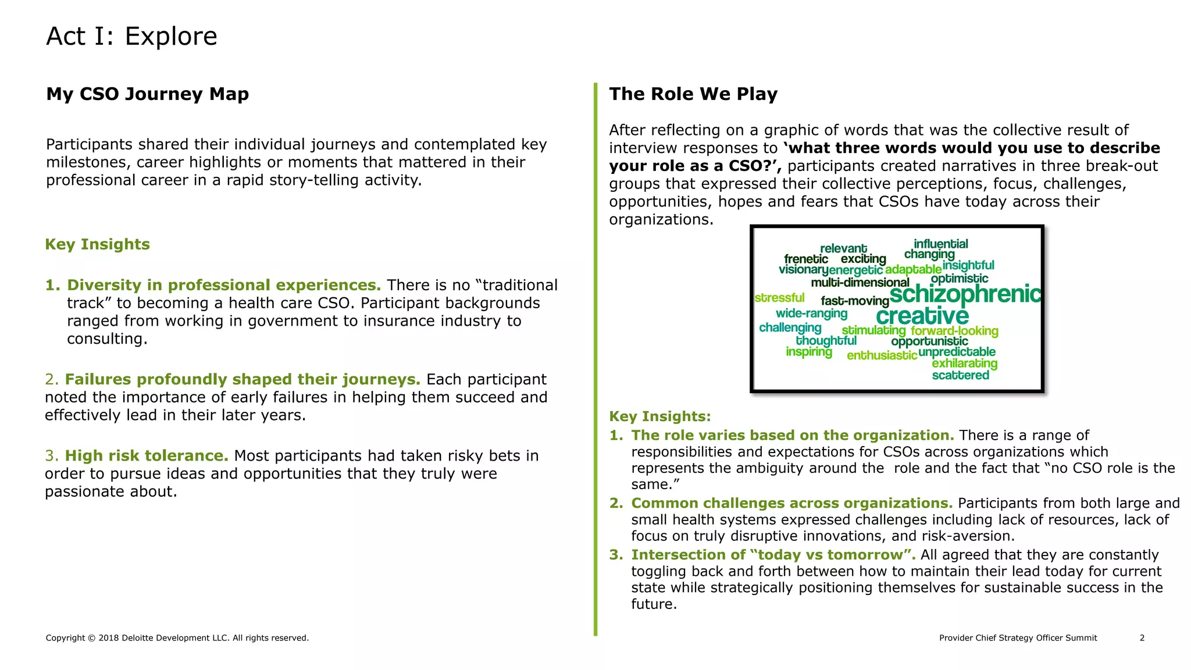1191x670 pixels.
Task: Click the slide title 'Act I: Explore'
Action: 131,36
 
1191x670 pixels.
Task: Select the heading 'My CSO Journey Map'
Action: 147,94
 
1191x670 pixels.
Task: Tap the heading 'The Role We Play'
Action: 693,94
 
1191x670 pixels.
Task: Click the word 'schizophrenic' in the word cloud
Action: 965,294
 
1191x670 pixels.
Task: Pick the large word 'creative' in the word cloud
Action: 922,316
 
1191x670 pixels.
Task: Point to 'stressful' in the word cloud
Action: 779,298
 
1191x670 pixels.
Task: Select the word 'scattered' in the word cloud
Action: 960,375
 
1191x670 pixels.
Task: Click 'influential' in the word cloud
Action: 940,244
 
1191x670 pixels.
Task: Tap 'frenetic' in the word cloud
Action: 805,259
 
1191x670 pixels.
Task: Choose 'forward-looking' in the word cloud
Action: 954,331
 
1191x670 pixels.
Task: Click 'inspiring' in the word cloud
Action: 808,352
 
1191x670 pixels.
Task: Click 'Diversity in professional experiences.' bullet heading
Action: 224,285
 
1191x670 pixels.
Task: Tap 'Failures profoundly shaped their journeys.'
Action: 243,379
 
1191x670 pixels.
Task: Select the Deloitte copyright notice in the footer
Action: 177,638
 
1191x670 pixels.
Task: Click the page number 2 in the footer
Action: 1142,638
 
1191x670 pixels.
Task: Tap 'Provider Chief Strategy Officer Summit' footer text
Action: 1018,638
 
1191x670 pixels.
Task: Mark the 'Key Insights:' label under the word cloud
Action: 659,416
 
